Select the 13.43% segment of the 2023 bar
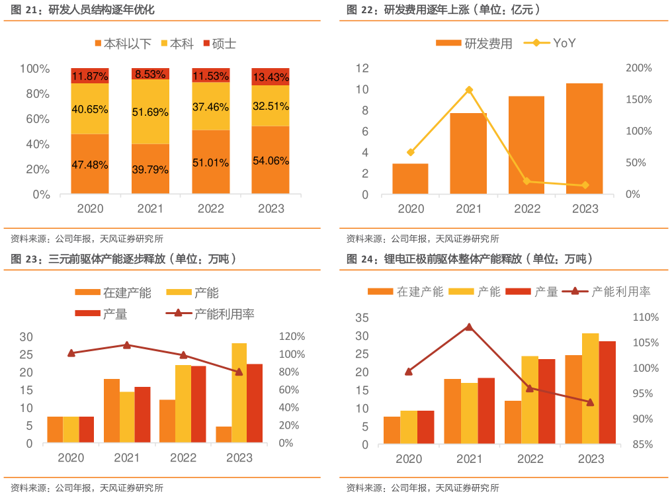tap(271, 77)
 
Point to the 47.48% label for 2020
tap(90, 165)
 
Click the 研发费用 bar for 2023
tap(585, 138)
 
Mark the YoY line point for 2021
tap(469, 90)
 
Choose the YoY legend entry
tap(550, 43)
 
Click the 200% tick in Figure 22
tap(638, 68)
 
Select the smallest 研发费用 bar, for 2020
tap(411, 179)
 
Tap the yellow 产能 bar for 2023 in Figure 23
tap(239, 393)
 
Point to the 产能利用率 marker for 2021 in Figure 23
tap(127, 345)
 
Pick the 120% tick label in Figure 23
tap(291, 337)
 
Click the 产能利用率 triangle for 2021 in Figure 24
tap(469, 327)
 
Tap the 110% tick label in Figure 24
tap(646, 317)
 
